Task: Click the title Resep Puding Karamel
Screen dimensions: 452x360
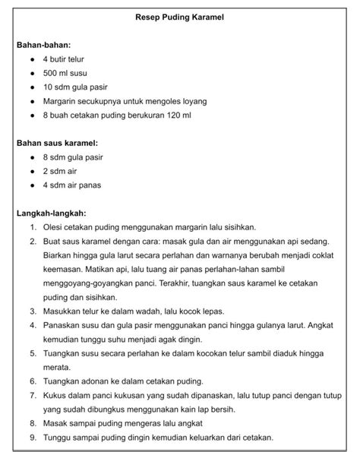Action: [179, 16]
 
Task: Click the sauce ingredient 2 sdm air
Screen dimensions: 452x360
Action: [60, 171]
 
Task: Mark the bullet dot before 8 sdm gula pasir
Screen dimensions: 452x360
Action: [31, 157]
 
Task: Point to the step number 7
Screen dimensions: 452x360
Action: [33, 395]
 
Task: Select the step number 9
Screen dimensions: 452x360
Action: [33, 437]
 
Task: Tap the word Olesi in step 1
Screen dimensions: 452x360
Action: [54, 227]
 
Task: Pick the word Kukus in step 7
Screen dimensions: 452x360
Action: [55, 395]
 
